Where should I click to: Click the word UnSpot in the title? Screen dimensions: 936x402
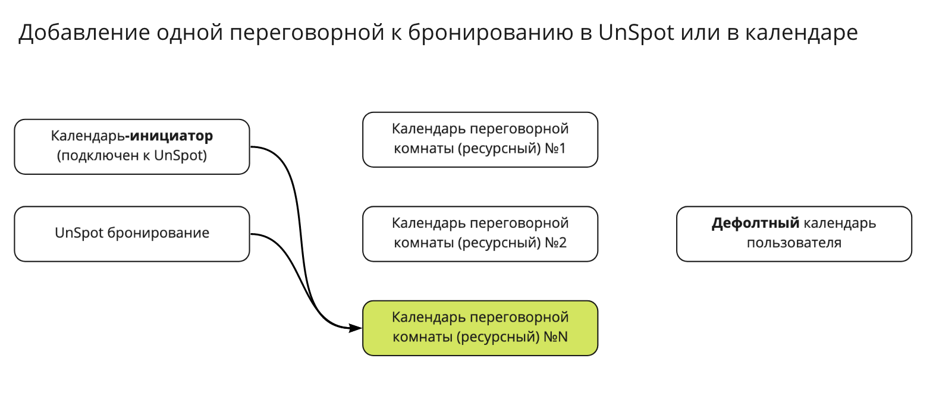[x=636, y=32]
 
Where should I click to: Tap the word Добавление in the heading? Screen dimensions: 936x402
[x=84, y=33]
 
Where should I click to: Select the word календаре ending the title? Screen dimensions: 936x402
[x=802, y=33]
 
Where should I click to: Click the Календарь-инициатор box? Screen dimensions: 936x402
[x=132, y=147]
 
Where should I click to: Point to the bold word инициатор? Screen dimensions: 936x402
[x=171, y=136]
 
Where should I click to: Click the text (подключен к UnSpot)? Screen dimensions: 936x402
[x=132, y=155]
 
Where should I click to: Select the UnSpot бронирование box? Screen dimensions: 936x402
[x=132, y=234]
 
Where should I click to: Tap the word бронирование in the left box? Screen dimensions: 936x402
[x=158, y=233]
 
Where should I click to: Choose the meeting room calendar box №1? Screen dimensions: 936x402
[x=480, y=140]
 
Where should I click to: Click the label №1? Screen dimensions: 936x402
[x=555, y=148]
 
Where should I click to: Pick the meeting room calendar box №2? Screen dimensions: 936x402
[x=480, y=234]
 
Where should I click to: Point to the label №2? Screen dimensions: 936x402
[x=556, y=243]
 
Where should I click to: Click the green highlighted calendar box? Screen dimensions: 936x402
[x=480, y=328]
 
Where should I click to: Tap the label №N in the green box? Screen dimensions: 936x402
[x=556, y=337]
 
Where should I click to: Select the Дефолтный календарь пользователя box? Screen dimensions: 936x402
[x=794, y=234]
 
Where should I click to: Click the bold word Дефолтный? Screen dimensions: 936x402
[x=755, y=223]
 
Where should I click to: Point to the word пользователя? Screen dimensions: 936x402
[x=794, y=243]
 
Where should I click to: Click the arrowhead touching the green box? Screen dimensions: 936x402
[x=356, y=328]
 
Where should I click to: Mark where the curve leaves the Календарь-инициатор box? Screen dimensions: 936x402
[x=251, y=147]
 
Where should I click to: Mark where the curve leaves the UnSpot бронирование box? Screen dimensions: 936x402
[x=251, y=234]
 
